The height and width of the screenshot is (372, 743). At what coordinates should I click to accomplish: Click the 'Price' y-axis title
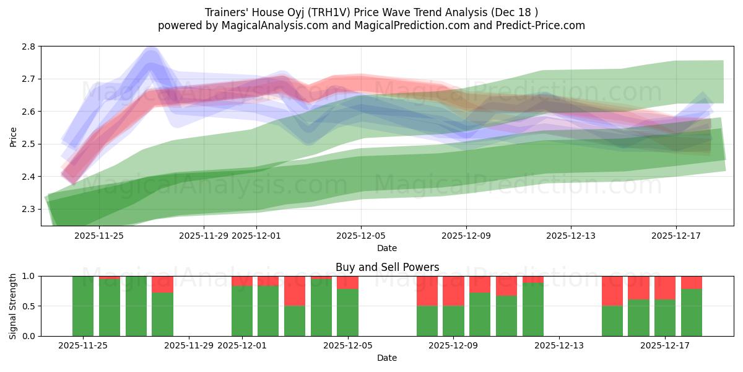point(14,136)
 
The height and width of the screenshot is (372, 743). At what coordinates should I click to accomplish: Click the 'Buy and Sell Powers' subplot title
point(387,267)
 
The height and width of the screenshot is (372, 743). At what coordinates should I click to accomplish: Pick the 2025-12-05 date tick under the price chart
point(361,236)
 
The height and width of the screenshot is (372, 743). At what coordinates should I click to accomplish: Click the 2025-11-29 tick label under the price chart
point(204,236)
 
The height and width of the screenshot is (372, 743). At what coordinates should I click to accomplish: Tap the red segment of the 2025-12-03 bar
point(295,291)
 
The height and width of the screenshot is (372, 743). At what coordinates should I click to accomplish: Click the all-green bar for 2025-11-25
point(83,306)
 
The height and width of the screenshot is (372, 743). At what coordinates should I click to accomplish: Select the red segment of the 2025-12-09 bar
point(453,291)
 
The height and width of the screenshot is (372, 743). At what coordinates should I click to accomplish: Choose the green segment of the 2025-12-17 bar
point(665,317)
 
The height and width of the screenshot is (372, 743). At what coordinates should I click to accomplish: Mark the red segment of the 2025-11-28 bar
point(162,284)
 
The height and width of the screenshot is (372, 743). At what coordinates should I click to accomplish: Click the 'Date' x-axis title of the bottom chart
point(387,358)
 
